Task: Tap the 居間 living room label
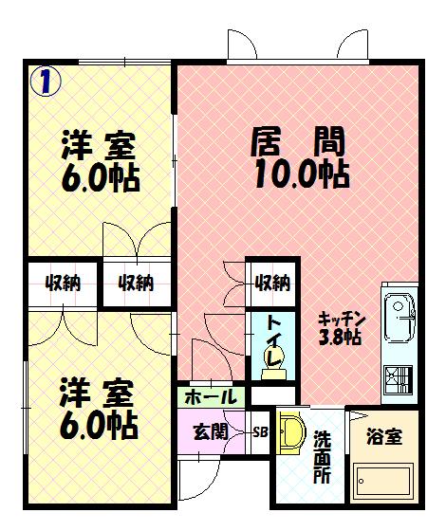point(297,145)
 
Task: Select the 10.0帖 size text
point(299,174)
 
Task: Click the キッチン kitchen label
point(340,319)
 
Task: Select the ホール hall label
point(211,396)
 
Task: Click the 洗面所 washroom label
point(322,456)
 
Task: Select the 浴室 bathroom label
point(383,438)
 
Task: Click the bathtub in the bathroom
point(383,483)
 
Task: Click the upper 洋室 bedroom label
point(99,147)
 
